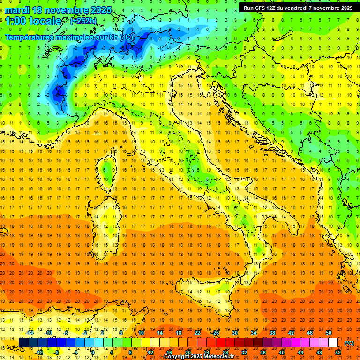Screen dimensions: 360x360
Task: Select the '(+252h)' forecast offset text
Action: coord(84,21)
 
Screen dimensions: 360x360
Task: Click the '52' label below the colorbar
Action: coord(338,352)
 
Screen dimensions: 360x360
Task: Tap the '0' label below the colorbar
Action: coord(93,352)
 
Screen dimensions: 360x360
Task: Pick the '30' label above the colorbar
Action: coord(234,333)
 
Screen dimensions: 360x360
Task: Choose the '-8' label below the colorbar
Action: coord(56,352)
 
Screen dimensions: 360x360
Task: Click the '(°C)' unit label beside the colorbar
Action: coord(349,343)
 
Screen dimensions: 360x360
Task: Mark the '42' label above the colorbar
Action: coord(291,333)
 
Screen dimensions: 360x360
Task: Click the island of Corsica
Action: coord(109,169)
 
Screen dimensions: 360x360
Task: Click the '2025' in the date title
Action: coord(100,10)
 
